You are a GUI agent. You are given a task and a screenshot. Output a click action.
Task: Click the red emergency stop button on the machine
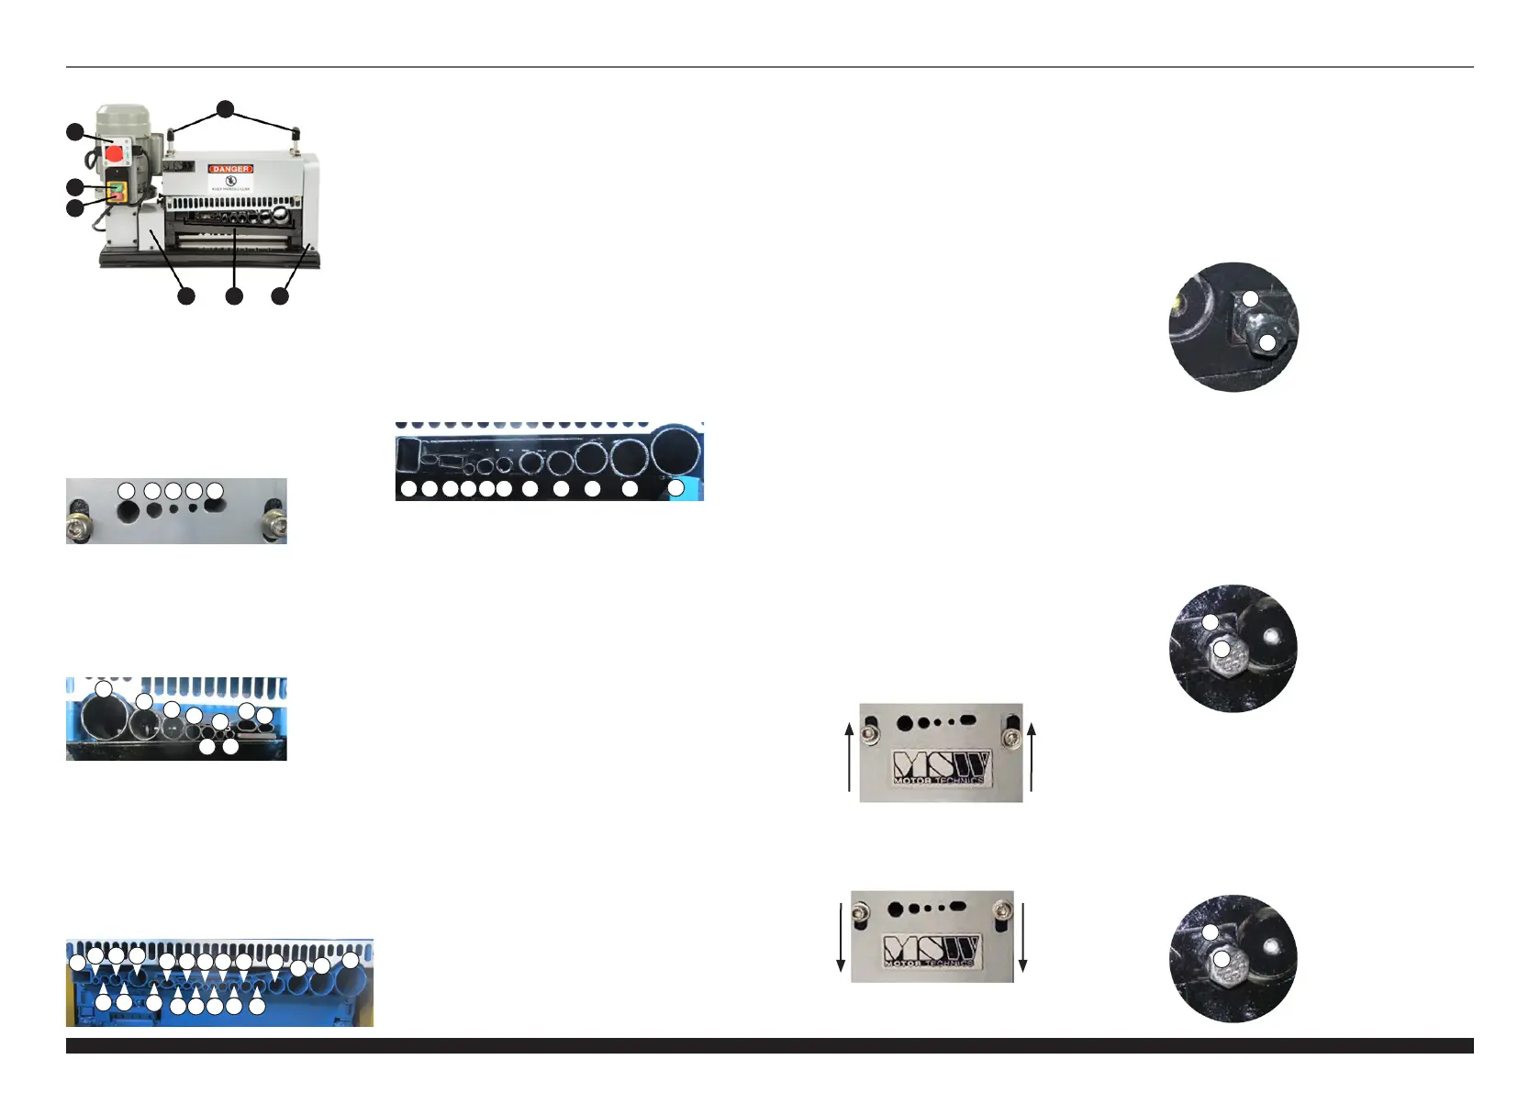pyautogui.click(x=115, y=153)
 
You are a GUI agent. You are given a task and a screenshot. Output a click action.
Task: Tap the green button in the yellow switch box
pyautogui.click(x=117, y=188)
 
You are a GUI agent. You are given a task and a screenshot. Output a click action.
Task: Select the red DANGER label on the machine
pyautogui.click(x=230, y=169)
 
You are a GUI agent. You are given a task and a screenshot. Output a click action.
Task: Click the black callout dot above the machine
pyautogui.click(x=226, y=109)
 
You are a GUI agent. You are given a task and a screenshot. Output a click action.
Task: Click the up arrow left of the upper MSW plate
pyautogui.click(x=849, y=756)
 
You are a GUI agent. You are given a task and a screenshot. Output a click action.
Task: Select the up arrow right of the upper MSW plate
pyautogui.click(x=1032, y=756)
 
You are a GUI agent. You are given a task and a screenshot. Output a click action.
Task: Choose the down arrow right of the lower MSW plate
pyautogui.click(x=1022, y=937)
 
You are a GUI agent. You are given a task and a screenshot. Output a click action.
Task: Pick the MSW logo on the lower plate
pyautogui.click(x=932, y=951)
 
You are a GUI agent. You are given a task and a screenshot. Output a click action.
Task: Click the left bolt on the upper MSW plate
pyautogui.click(x=873, y=731)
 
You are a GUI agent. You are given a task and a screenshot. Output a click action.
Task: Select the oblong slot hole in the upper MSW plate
pyautogui.click(x=967, y=720)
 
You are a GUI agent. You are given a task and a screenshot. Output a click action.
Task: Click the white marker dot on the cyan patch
pyautogui.click(x=675, y=489)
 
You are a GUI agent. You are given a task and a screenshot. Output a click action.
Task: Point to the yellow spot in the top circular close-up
pyautogui.click(x=1181, y=299)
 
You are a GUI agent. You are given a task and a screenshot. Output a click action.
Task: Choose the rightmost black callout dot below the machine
pyautogui.click(x=280, y=296)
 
